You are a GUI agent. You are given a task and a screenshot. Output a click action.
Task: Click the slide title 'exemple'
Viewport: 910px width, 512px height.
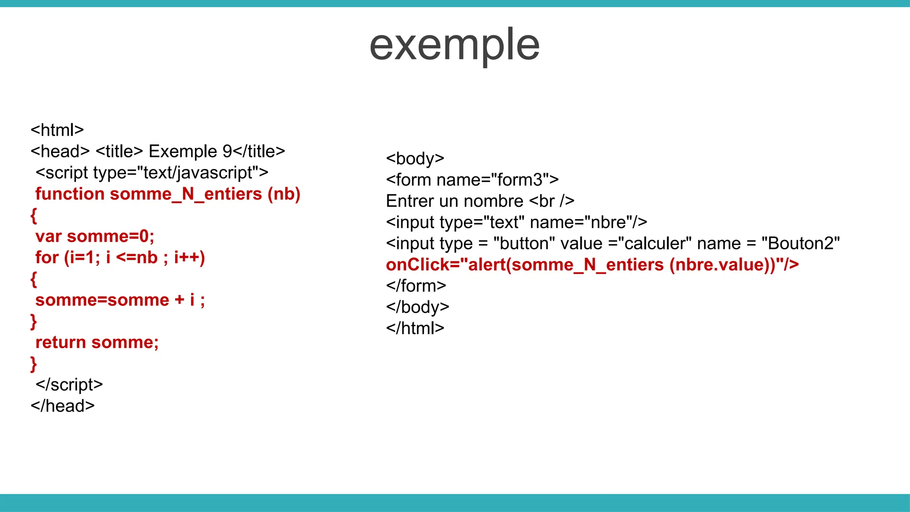[x=454, y=45]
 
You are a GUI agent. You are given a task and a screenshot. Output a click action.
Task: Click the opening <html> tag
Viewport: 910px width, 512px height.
[x=57, y=130]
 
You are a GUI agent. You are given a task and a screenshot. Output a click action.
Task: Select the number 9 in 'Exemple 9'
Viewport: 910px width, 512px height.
[x=227, y=152]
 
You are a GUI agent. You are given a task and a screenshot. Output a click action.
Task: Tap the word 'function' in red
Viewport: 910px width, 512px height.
[x=70, y=194]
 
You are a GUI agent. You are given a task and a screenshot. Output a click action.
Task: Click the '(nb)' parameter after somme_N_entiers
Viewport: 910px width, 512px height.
[x=284, y=194]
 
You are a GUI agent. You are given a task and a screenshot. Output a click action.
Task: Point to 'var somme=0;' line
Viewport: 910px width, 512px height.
[x=95, y=236]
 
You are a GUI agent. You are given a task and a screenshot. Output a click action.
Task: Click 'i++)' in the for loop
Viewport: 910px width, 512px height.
[x=189, y=258]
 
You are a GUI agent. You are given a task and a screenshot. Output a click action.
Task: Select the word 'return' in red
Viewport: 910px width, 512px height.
[x=61, y=343]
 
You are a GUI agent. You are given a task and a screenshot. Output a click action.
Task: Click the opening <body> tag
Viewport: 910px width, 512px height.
[x=415, y=159]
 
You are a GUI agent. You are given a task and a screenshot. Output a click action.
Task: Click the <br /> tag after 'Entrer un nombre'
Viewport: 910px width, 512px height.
[x=551, y=201]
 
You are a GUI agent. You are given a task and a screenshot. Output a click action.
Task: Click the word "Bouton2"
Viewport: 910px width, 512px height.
[x=800, y=244]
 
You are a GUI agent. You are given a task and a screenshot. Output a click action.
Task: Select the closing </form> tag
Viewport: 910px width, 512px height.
[x=416, y=286]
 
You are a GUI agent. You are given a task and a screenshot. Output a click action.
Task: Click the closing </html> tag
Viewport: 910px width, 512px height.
[x=415, y=328]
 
